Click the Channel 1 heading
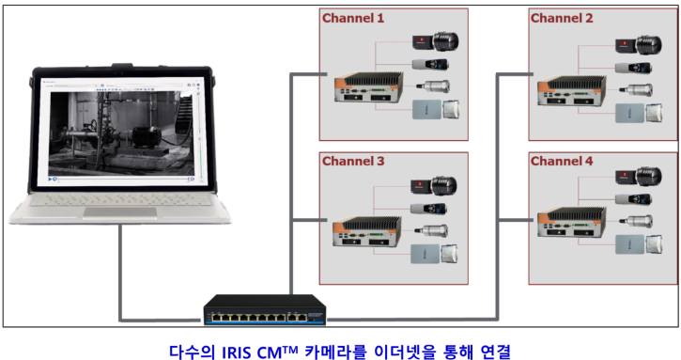pyautogui.click(x=352, y=18)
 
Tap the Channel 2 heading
pyautogui.click(x=561, y=18)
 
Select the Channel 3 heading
pyautogui.click(x=352, y=162)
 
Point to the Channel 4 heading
pyautogui.click(x=561, y=162)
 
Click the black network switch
pyautogui.click(x=265, y=309)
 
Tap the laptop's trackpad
pyautogui.click(x=120, y=212)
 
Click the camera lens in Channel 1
pyautogui.click(x=444, y=41)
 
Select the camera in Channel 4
pyautogui.click(x=639, y=177)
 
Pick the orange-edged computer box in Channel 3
pyautogui.click(x=367, y=231)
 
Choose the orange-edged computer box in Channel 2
pyautogui.click(x=571, y=90)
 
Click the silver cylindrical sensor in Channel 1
pyautogui.click(x=433, y=86)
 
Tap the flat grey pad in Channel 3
pyautogui.click(x=426, y=254)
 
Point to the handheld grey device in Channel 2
pyautogui.click(x=633, y=68)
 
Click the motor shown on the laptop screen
pyautogui.click(x=147, y=136)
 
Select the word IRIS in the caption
pyautogui.click(x=237, y=352)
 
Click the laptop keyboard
pyautogui.click(x=120, y=200)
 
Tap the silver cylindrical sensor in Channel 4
pyautogui.click(x=636, y=221)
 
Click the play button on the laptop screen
pyautogui.click(x=51, y=179)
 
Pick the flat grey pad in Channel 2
pyautogui.click(x=629, y=113)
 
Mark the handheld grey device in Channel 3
pyautogui.click(x=428, y=209)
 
